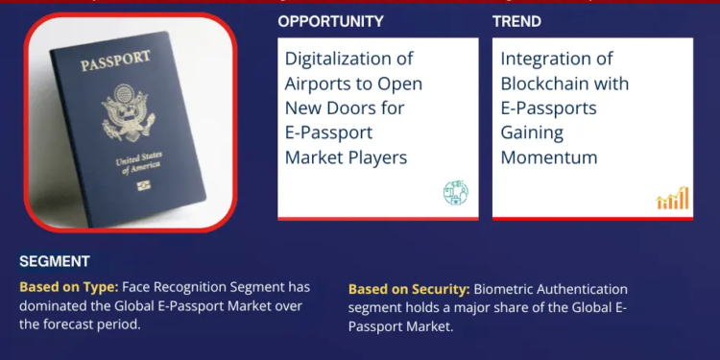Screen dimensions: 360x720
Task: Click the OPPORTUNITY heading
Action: pyautogui.click(x=330, y=21)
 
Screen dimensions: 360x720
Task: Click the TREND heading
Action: pyautogui.click(x=516, y=21)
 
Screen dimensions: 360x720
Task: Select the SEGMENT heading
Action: pyautogui.click(x=54, y=261)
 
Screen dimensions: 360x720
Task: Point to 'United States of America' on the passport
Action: pyautogui.click(x=132, y=164)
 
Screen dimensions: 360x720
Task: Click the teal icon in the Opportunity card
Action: pyautogui.click(x=455, y=193)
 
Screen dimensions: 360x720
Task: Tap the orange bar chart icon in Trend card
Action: pyautogui.click(x=672, y=198)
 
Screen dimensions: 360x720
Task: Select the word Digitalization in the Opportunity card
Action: pyautogui.click(x=343, y=60)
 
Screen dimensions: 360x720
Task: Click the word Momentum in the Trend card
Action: pyautogui.click(x=548, y=156)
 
